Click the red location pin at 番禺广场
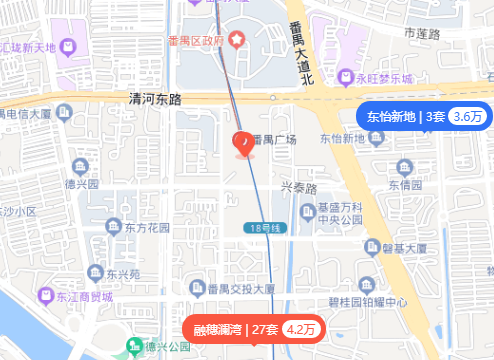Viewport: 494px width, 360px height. pos(243,143)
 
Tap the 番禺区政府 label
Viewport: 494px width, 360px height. pos(196,40)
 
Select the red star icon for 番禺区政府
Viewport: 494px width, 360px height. pos(236,40)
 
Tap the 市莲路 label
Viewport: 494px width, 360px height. pos(422,34)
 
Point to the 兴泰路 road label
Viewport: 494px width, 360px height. pos(298,188)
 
